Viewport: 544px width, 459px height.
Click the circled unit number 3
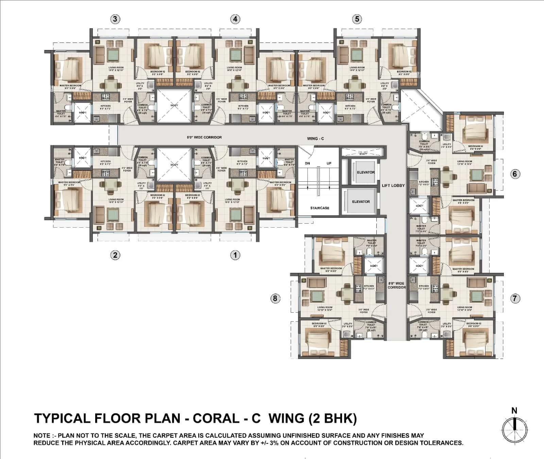(x=115, y=19)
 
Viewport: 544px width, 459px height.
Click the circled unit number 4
(x=235, y=19)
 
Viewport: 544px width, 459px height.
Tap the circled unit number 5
(x=357, y=19)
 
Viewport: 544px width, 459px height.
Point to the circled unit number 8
(x=275, y=298)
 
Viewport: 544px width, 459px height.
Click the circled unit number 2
(x=115, y=255)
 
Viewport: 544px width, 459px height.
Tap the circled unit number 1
(x=235, y=255)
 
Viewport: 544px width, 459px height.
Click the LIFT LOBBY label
(x=393, y=185)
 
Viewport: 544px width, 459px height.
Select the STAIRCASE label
(x=320, y=208)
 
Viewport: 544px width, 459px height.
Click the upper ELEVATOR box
(x=365, y=172)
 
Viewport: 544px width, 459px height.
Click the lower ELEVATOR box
(x=361, y=201)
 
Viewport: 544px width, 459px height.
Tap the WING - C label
(x=315, y=138)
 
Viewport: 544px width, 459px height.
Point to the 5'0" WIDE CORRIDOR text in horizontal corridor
(x=204, y=137)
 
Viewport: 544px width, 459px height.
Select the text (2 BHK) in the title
(x=333, y=418)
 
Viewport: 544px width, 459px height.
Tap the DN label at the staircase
(x=307, y=163)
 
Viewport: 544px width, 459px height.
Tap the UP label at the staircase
(x=329, y=163)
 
